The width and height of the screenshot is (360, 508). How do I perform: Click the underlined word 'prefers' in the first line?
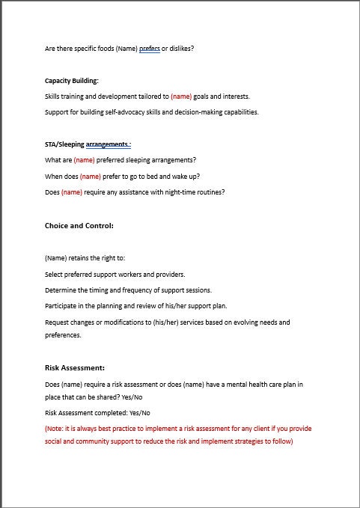[150, 49]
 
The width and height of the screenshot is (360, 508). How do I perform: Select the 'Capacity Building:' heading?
[71, 81]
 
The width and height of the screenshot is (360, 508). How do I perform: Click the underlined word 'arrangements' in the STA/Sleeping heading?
[107, 144]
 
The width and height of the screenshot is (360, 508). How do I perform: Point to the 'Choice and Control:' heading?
[79, 225]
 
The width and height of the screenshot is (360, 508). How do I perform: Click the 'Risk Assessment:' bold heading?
[75, 367]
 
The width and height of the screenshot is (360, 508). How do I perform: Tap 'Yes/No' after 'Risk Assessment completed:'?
[140, 412]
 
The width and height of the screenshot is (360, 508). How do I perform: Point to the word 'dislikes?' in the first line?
[183, 49]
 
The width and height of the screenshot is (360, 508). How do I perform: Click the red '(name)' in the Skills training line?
[181, 97]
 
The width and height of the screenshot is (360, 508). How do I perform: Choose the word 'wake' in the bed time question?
[176, 177]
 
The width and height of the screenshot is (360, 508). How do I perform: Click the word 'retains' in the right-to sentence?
[80, 258]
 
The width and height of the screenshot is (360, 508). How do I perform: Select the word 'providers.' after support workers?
[170, 274]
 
